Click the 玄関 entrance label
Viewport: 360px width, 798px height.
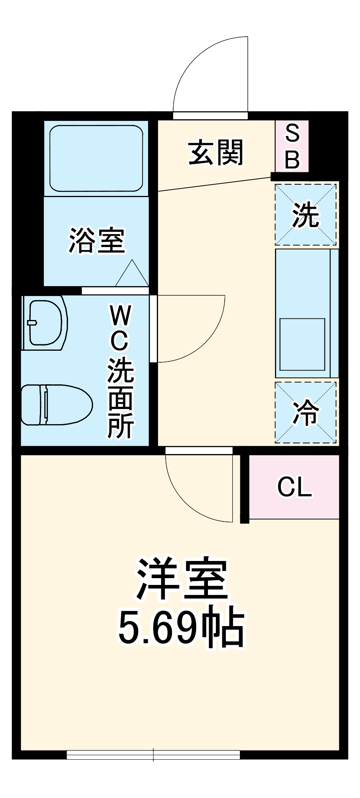pyautogui.click(x=216, y=152)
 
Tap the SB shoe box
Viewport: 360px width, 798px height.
pyautogui.click(x=292, y=146)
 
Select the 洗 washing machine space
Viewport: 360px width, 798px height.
pyautogui.click(x=306, y=214)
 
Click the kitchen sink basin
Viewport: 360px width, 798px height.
pyautogui.click(x=302, y=344)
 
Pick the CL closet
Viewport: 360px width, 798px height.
pyautogui.click(x=295, y=487)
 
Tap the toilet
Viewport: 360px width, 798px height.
pyautogui.click(x=56, y=405)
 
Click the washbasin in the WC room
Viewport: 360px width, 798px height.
pyautogui.click(x=45, y=322)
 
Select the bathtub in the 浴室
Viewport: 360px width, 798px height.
pyautogui.click(x=96, y=158)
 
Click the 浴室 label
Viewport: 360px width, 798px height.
pyautogui.click(x=97, y=240)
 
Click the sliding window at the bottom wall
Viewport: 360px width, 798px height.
pyautogui.click(x=153, y=755)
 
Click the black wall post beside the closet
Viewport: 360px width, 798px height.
pyautogui.click(x=245, y=488)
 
